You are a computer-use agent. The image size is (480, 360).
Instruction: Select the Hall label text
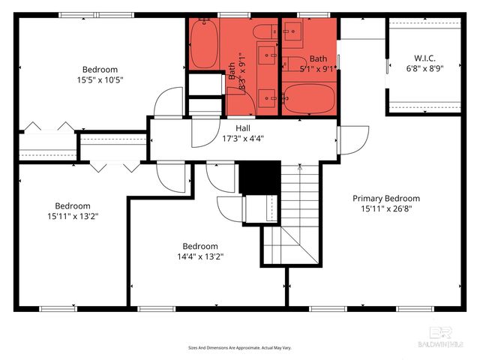(x=242, y=128)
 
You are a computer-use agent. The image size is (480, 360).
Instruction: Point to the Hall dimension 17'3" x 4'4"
(x=242, y=138)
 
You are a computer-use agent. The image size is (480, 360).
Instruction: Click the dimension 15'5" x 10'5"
(x=99, y=79)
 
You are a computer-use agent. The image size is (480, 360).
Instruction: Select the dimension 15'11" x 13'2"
(x=73, y=216)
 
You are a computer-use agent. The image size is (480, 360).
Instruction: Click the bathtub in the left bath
(x=204, y=44)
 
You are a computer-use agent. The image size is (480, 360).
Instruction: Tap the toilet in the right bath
(x=294, y=63)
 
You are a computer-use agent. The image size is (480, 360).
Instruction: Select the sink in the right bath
(x=294, y=31)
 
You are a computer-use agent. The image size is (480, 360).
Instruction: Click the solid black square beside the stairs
(x=259, y=177)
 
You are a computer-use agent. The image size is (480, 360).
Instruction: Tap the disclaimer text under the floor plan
(x=239, y=348)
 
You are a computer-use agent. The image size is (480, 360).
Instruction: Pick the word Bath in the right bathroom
(x=319, y=58)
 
